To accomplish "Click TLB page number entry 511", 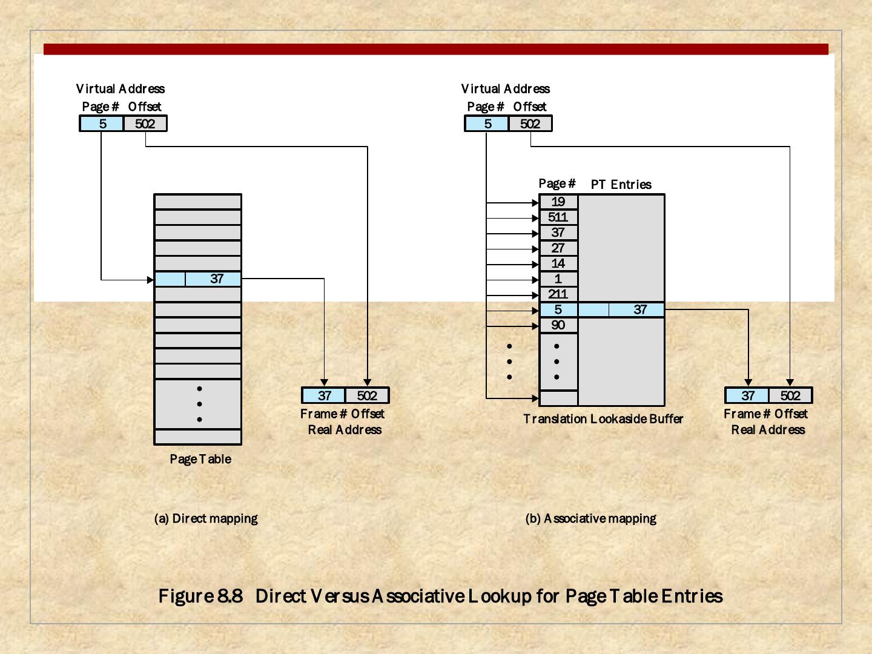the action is tap(558, 217).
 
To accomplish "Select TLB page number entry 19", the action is tap(558, 202).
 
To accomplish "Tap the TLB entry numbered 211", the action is tap(558, 294).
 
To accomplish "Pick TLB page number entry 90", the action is tap(558, 325).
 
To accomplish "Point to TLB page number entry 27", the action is tap(558, 248).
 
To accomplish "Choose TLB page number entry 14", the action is tap(558, 263).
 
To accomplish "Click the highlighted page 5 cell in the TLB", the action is tap(558, 310).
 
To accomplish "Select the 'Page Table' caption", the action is tap(200, 459).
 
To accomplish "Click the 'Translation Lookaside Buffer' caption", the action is tap(603, 419).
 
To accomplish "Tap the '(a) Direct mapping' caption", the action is tap(206, 518).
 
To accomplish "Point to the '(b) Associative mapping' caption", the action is tap(591, 518).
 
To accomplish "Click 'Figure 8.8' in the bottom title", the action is tap(200, 596).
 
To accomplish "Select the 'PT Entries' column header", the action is tap(621, 185).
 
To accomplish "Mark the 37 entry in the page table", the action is tap(217, 279).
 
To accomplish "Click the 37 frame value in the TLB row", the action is tap(640, 310).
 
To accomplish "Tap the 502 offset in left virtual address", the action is tap(145, 124).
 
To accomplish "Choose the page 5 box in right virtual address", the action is tap(487, 124).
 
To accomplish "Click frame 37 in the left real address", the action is tap(325, 396).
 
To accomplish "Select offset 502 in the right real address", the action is tap(790, 396).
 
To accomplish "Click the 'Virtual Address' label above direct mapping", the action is tap(121, 89).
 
